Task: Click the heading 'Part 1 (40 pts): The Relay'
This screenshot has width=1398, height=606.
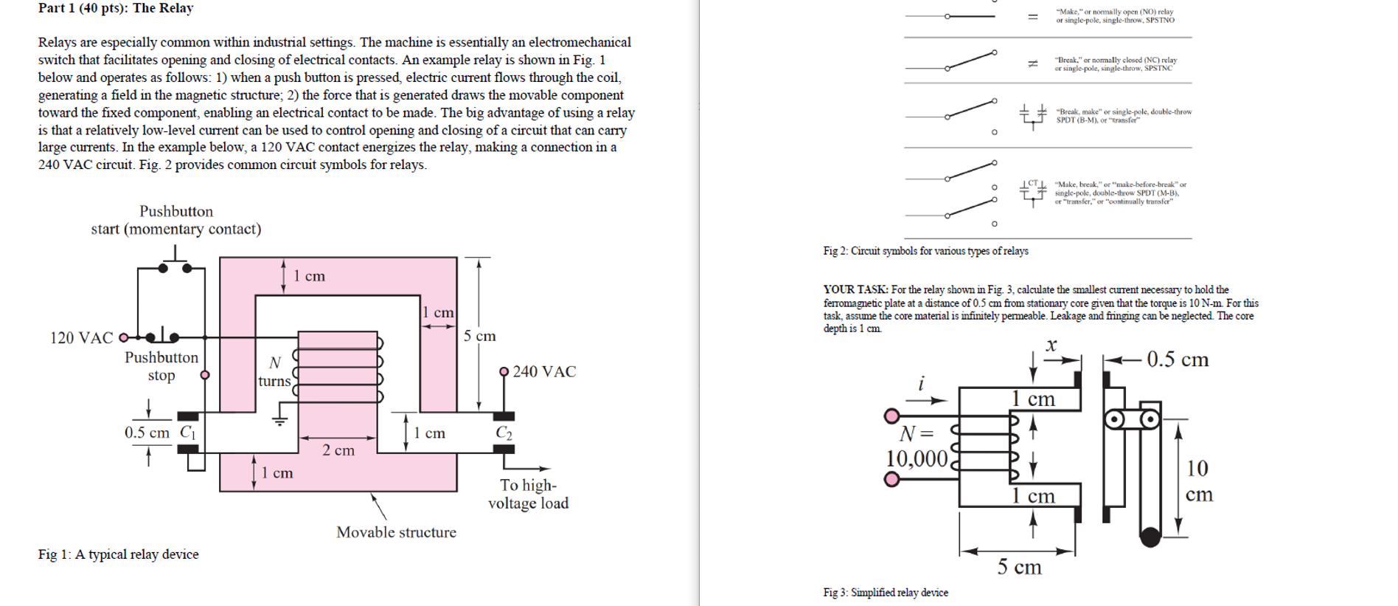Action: pos(116,8)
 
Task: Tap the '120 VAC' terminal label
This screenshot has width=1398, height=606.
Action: pos(81,338)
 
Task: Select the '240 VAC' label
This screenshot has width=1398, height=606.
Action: pos(544,371)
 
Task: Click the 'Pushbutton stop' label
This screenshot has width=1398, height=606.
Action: pos(161,366)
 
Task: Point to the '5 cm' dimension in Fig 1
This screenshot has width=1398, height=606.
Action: pos(479,336)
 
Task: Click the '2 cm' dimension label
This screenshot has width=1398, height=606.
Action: pos(338,450)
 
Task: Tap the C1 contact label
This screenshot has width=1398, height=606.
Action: pos(187,432)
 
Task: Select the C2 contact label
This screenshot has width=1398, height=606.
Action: pos(504,433)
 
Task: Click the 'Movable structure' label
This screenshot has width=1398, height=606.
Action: pos(396,532)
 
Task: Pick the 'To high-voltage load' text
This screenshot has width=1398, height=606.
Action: pos(528,494)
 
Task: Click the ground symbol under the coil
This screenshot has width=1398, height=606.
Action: pos(279,421)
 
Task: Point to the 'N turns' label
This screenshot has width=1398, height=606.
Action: pos(274,372)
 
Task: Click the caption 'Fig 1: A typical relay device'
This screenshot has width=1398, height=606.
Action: pos(118,554)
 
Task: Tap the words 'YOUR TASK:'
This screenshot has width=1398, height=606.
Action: pos(855,290)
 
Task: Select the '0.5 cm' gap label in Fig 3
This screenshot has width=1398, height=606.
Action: pos(1178,359)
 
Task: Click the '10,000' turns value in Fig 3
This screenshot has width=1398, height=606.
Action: pos(917,458)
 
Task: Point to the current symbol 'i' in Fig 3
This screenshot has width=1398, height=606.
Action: pos(921,383)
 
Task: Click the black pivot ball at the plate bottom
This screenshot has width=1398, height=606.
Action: pos(1150,536)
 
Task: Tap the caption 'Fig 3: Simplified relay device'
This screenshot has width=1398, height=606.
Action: pos(886,593)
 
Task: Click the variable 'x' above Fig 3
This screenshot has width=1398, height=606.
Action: pos(1051,345)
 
